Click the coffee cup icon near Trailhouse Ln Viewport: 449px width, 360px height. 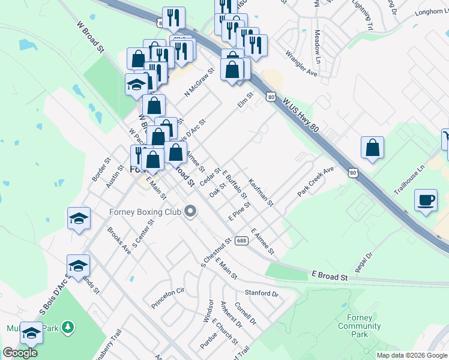[x=426, y=200]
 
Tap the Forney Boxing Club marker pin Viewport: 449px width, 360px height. [x=191, y=211]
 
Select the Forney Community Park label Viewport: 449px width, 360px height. [x=360, y=326]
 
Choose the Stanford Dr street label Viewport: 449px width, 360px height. [x=262, y=293]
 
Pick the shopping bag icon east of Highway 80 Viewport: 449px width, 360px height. [x=372, y=147]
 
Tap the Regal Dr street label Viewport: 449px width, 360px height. [x=364, y=262]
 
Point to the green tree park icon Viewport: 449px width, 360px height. [x=68, y=327]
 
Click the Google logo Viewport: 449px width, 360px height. [x=20, y=353]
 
